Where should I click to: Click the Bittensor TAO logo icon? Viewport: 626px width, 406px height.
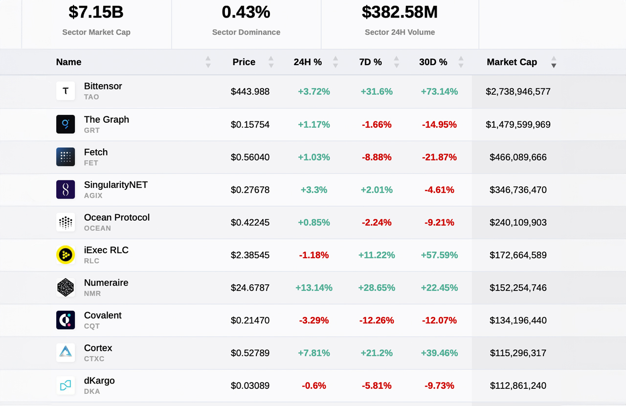point(66,91)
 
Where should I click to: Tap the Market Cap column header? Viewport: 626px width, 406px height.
point(512,62)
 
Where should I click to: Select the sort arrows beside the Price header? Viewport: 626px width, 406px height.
point(271,62)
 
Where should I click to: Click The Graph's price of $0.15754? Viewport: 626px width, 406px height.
point(250,125)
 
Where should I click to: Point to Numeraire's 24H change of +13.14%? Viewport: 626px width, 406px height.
point(313,288)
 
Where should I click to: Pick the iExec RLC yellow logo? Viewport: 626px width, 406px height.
point(66,254)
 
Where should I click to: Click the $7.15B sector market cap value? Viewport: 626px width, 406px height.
point(96,12)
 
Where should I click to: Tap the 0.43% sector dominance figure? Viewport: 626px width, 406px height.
point(246,12)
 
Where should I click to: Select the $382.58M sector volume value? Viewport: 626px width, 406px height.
point(400,12)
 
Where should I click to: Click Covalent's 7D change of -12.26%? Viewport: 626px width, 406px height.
point(376,320)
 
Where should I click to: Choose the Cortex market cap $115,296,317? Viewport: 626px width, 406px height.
point(518,353)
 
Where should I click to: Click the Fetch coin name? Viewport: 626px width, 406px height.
point(96,152)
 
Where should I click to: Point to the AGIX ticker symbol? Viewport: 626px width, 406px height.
point(93,196)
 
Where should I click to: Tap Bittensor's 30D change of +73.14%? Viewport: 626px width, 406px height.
point(439,91)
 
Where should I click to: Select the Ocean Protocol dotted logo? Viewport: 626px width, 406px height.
point(66,222)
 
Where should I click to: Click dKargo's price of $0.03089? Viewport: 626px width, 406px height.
point(250,385)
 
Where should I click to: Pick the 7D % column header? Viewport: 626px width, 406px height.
point(370,62)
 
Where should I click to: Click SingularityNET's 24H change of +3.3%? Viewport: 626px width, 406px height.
point(313,190)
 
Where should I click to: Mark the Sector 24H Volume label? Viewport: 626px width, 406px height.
point(400,32)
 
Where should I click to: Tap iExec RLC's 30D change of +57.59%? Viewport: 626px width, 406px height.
point(439,255)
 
